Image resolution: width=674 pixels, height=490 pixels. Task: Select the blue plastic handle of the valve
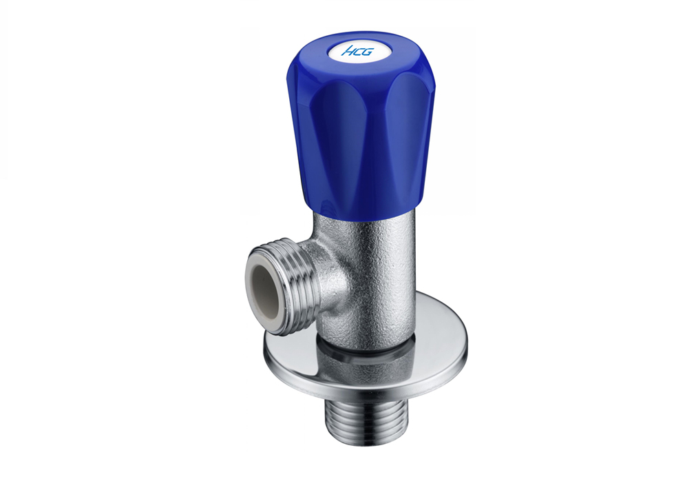click(x=360, y=125)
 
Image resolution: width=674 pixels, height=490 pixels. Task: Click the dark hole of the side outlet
click(x=267, y=290)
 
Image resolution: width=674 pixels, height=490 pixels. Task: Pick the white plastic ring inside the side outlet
click(x=267, y=290)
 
